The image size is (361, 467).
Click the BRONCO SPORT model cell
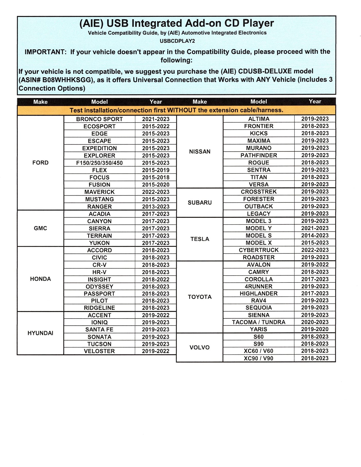tap(99, 119)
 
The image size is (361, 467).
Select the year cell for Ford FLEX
tap(156, 170)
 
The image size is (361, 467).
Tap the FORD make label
tap(40, 163)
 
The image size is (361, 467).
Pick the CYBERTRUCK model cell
tap(259, 250)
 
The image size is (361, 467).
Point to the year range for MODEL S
tap(315, 236)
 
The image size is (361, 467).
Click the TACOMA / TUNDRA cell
tap(259, 322)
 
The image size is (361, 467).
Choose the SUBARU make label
tap(200, 203)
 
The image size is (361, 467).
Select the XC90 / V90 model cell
tap(259, 358)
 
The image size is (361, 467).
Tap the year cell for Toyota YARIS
tap(315, 329)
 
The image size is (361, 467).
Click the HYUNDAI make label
tap(40, 333)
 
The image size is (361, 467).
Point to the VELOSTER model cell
tap(99, 351)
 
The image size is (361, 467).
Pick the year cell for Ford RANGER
tap(156, 207)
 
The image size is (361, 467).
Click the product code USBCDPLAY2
tap(177, 41)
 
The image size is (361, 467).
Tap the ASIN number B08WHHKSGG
tap(67, 80)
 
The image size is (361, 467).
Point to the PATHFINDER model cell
tap(259, 155)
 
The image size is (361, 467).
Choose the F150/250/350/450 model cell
tap(99, 163)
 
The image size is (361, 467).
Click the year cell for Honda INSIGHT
tap(156, 279)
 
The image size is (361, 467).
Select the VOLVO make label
tap(200, 347)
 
